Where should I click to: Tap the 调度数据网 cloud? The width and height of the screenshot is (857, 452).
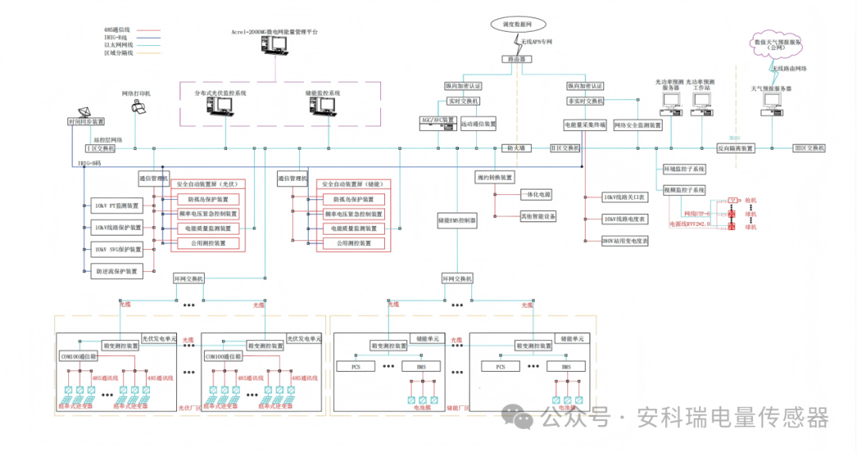pos(516,25)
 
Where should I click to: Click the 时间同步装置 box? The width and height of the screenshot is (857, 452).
pos(86,121)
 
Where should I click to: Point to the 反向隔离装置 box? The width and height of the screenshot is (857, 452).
pos(736,148)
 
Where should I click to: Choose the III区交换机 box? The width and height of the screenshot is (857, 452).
pos(809,148)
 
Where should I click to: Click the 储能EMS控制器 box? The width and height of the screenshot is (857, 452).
pos(457,220)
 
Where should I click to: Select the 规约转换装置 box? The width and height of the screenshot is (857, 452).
pos(495,177)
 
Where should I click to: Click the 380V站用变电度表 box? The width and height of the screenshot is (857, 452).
pos(625,240)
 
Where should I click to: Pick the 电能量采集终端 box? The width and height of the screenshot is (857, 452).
pos(586,125)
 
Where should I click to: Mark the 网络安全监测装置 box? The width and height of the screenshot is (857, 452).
pos(638,125)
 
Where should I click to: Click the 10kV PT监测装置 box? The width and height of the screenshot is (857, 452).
pos(117,206)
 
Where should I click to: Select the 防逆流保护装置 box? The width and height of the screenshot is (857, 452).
pos(117,271)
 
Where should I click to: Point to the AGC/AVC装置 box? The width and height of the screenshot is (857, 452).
pos(437,121)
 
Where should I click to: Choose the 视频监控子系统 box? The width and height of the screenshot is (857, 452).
pos(684,190)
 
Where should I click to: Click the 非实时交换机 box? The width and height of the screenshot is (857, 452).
pos(586,102)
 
